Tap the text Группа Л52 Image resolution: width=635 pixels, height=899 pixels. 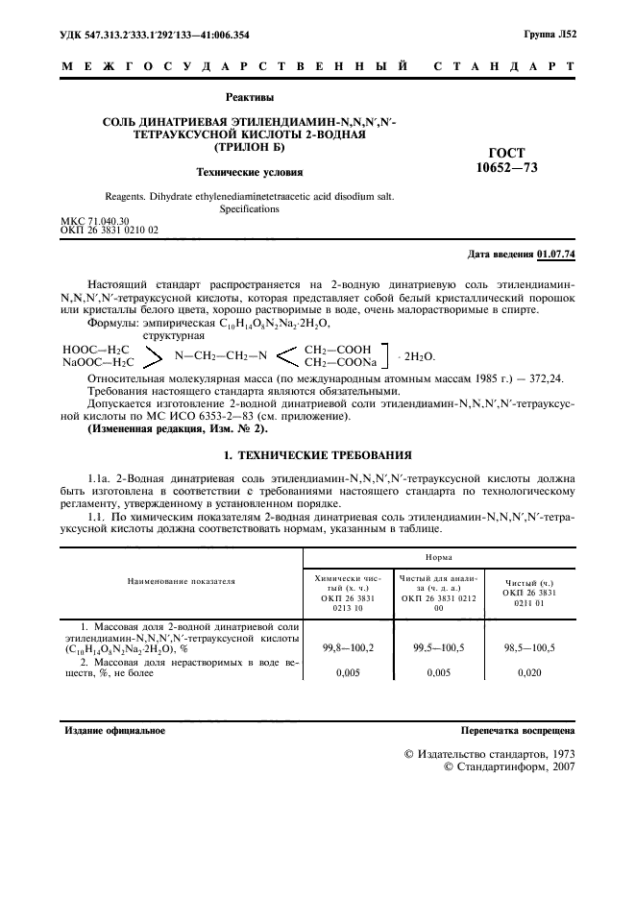(x=550, y=35)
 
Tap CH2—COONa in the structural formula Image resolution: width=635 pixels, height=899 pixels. (x=340, y=363)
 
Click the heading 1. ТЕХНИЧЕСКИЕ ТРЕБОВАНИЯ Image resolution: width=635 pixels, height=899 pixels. (x=318, y=455)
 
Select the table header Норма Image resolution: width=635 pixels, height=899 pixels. (x=439, y=556)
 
